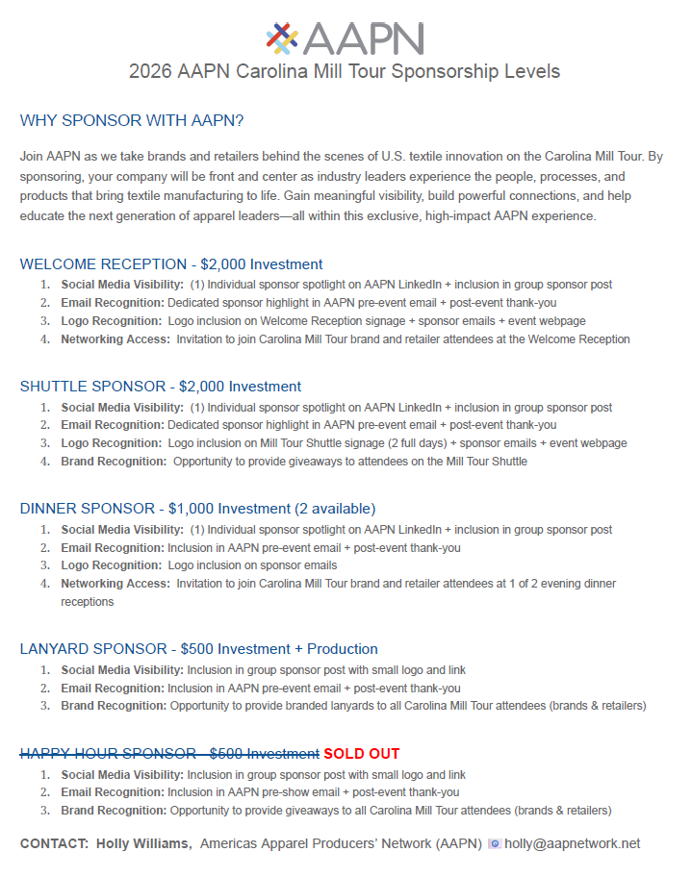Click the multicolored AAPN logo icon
282,38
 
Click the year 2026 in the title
151,72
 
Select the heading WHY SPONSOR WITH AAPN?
132,121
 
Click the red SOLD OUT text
362,754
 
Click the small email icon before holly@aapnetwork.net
495,843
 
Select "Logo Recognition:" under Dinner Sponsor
111,565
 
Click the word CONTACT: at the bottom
54,843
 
